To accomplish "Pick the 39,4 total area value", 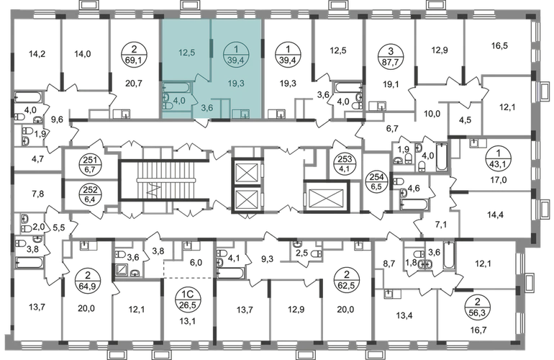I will [235, 60].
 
